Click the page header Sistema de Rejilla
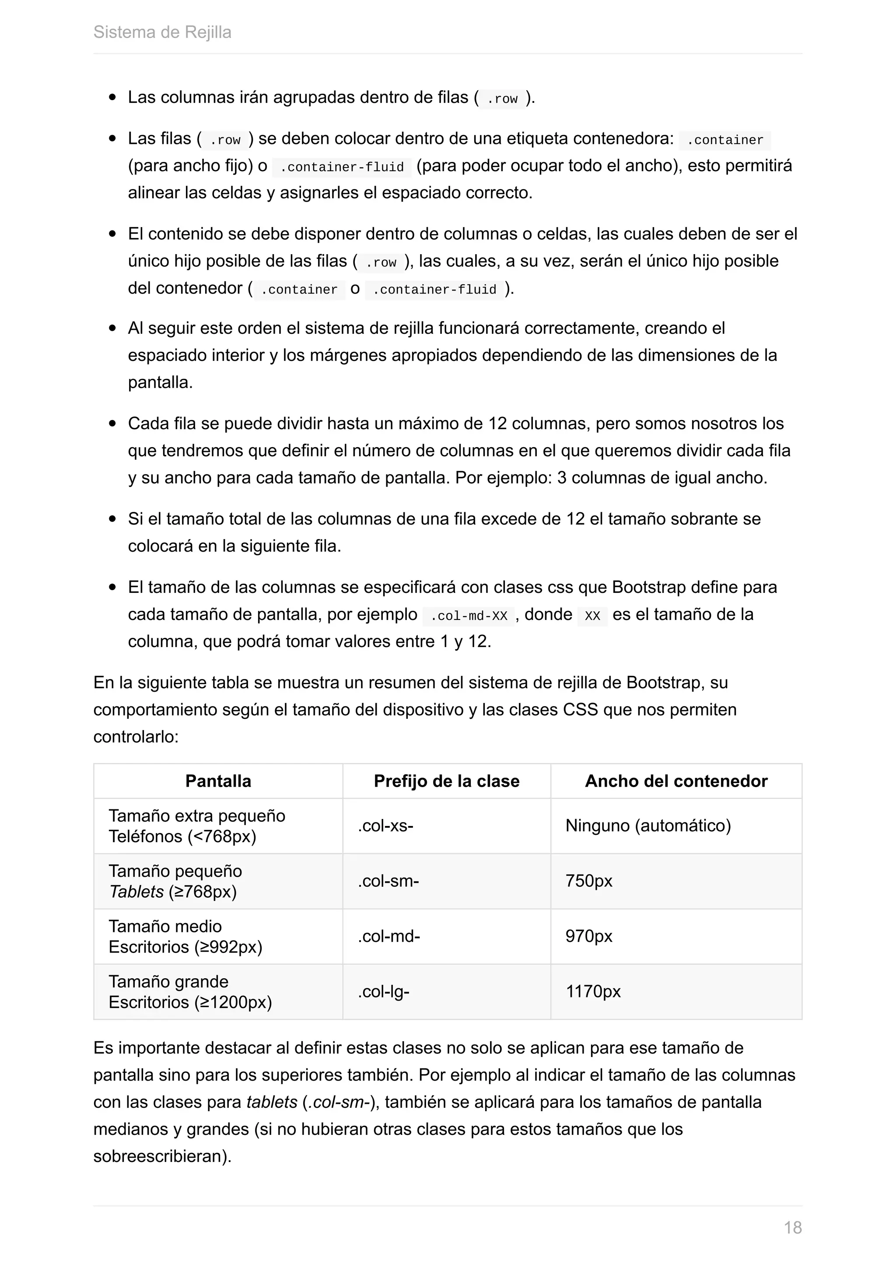click(x=162, y=32)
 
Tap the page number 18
click(x=793, y=1227)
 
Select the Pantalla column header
click(x=218, y=781)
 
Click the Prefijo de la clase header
click(x=446, y=781)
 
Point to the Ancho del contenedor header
click(x=676, y=781)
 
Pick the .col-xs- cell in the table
click(x=385, y=826)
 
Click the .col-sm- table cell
click(x=388, y=881)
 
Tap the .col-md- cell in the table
click(x=388, y=936)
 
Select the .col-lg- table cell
click(x=383, y=992)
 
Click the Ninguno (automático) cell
click(x=648, y=826)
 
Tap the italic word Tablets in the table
click(x=136, y=891)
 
